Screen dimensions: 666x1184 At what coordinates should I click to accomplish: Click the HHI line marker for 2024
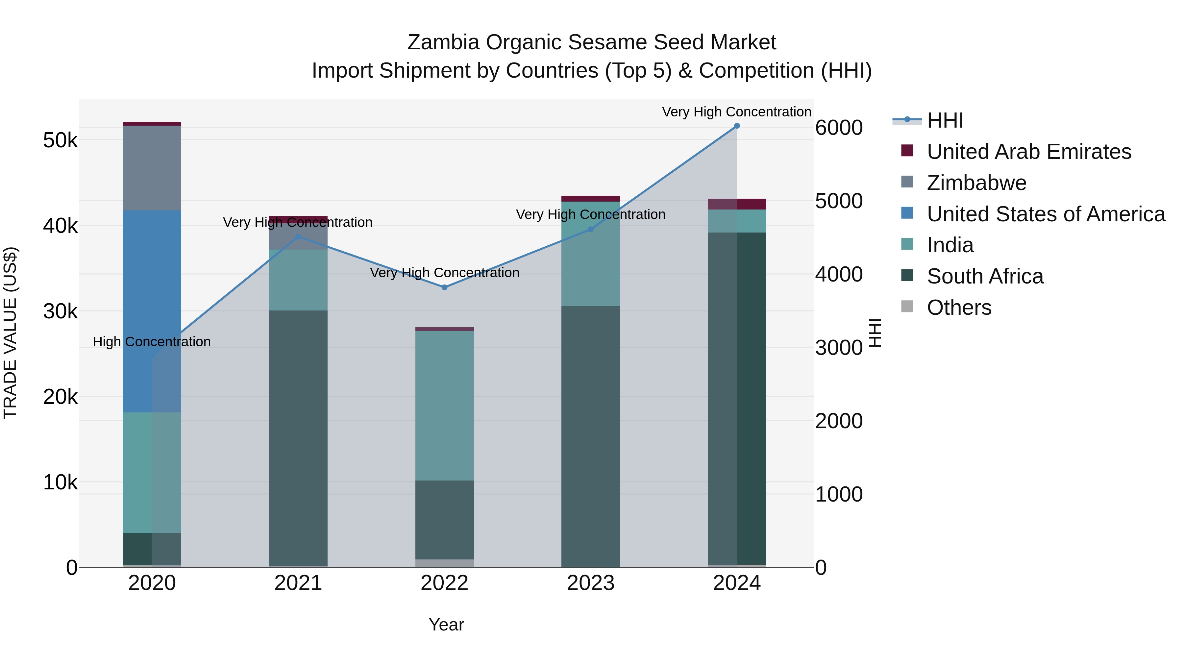(x=737, y=126)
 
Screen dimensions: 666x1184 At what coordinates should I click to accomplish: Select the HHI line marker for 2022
(x=444, y=287)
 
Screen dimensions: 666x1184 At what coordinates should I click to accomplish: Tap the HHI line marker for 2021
(x=298, y=237)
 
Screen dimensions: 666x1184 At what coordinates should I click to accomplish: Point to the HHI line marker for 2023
(x=591, y=229)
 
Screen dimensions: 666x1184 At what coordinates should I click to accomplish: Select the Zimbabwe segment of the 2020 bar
(x=152, y=168)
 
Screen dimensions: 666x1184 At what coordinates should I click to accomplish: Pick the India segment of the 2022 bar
(x=444, y=406)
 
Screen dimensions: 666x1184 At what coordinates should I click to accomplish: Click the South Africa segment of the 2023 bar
(x=591, y=437)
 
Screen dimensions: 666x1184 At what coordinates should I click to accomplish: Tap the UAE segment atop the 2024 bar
(x=737, y=204)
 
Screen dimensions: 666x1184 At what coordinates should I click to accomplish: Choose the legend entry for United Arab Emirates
(x=1029, y=152)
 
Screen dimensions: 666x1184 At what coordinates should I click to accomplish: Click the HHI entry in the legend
(x=945, y=120)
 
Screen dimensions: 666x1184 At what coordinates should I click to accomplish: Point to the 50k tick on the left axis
(x=60, y=140)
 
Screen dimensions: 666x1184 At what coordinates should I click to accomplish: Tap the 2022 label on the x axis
(x=444, y=583)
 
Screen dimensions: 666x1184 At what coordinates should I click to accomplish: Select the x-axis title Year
(x=446, y=625)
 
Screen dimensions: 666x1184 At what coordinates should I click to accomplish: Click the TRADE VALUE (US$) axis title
(x=11, y=333)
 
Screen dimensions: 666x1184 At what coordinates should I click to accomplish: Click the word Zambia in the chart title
(x=444, y=42)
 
